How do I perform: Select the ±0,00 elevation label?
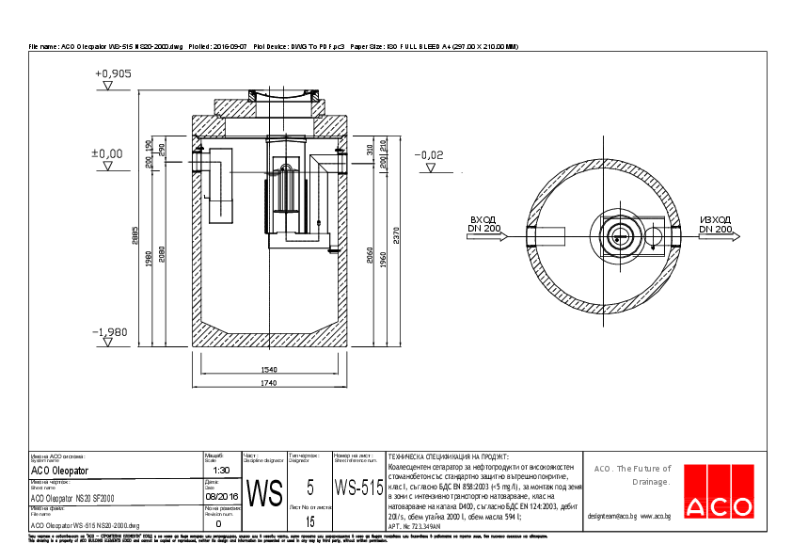click(x=106, y=152)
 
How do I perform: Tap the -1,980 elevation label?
click(x=110, y=332)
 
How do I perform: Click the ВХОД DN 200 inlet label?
click(x=486, y=224)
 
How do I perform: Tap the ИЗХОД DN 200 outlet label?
click(x=715, y=224)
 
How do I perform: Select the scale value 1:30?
click(x=222, y=470)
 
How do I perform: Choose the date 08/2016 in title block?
click(x=222, y=494)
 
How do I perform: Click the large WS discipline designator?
click(x=264, y=494)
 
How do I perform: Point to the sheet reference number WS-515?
click(x=358, y=488)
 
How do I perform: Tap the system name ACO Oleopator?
click(x=60, y=470)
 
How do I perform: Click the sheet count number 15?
click(x=309, y=520)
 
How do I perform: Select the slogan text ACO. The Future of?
click(x=632, y=468)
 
